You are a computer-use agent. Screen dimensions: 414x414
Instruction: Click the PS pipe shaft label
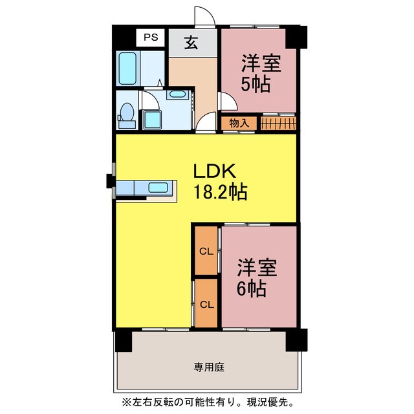point(151,38)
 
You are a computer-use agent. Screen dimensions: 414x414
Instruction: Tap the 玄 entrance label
point(191,43)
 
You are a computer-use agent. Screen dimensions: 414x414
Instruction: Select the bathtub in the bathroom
point(127,69)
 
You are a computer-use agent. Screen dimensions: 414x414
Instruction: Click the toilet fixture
point(127,116)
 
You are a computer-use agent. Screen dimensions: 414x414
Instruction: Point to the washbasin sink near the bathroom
point(177,94)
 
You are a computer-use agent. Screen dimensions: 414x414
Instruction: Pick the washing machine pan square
point(152,120)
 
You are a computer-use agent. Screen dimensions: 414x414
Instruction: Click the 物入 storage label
point(239,123)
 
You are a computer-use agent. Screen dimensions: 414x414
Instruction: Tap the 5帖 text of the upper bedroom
point(256,85)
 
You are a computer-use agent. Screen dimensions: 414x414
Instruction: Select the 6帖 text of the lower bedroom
point(251,289)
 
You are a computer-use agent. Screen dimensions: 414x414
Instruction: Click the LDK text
point(214,171)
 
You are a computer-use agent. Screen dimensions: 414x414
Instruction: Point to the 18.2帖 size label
point(221,192)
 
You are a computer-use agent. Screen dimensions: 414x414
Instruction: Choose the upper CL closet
point(206,251)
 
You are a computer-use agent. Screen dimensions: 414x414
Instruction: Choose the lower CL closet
point(206,303)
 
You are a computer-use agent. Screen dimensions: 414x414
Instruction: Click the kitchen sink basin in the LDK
point(158,188)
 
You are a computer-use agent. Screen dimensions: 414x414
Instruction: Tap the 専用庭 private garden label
point(209,367)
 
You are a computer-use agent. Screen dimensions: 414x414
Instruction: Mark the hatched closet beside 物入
point(278,124)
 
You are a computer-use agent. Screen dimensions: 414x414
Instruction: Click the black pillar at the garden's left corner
point(124,340)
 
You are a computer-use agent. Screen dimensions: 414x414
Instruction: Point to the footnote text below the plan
point(208,402)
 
